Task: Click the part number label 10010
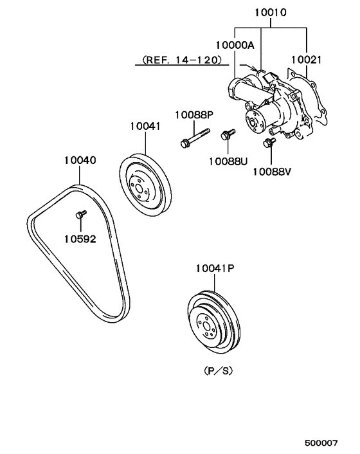[x=271, y=12]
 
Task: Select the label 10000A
[x=235, y=45]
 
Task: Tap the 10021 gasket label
[x=306, y=60]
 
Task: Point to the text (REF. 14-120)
[x=183, y=60]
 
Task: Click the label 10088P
[x=194, y=115]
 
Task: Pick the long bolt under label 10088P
[x=195, y=138]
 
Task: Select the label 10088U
[x=228, y=161]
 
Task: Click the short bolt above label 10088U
[x=228, y=134]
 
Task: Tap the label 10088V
[x=272, y=172]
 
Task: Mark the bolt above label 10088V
[x=269, y=143]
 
